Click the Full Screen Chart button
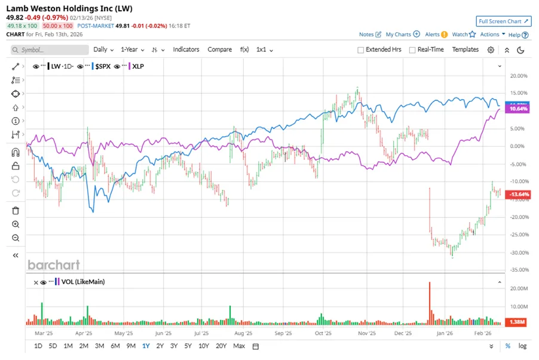click(504, 21)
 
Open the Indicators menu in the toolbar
click(186, 50)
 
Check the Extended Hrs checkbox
click(361, 50)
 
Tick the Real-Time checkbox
click(412, 50)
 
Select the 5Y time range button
click(188, 346)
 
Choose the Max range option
click(239, 346)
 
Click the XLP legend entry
click(139, 66)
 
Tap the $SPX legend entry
click(103, 66)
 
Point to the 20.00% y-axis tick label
click(517, 76)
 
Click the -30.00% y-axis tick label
click(517, 253)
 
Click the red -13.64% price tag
click(517, 195)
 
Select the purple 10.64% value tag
click(517, 109)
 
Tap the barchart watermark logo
click(53, 264)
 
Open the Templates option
click(465, 50)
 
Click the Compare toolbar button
click(220, 50)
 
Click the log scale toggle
click(523, 346)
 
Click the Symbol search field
click(50, 50)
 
